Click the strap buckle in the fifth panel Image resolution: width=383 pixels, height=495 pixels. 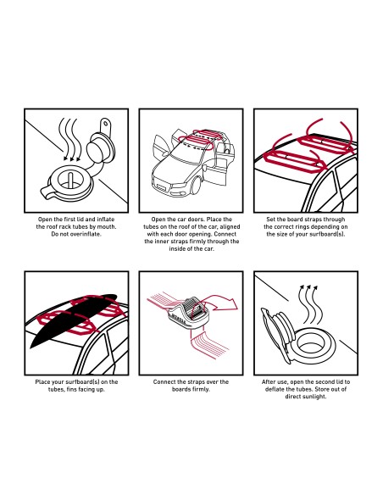pos(189,313)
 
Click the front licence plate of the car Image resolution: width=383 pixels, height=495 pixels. pos(161,187)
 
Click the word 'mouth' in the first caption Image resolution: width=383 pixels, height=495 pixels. pos(106,226)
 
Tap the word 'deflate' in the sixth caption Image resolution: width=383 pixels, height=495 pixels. pos(275,389)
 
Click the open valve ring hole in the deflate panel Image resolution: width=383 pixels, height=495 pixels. pos(311,343)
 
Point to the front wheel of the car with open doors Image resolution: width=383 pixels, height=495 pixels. pos(196,187)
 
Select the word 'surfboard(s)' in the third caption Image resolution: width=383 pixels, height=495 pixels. pos(327,234)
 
